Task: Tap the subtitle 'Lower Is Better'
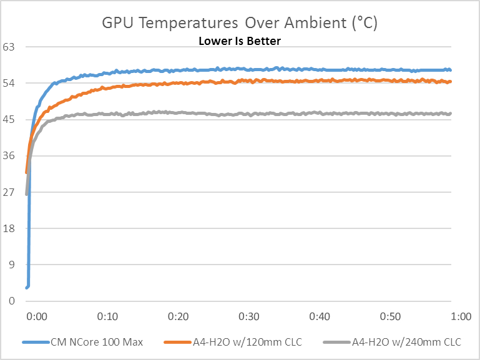[x=240, y=42]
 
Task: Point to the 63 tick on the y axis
[x=9, y=47]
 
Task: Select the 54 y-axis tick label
[x=9, y=83]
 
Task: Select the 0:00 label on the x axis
[x=37, y=316]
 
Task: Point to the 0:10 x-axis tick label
[x=107, y=316]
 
